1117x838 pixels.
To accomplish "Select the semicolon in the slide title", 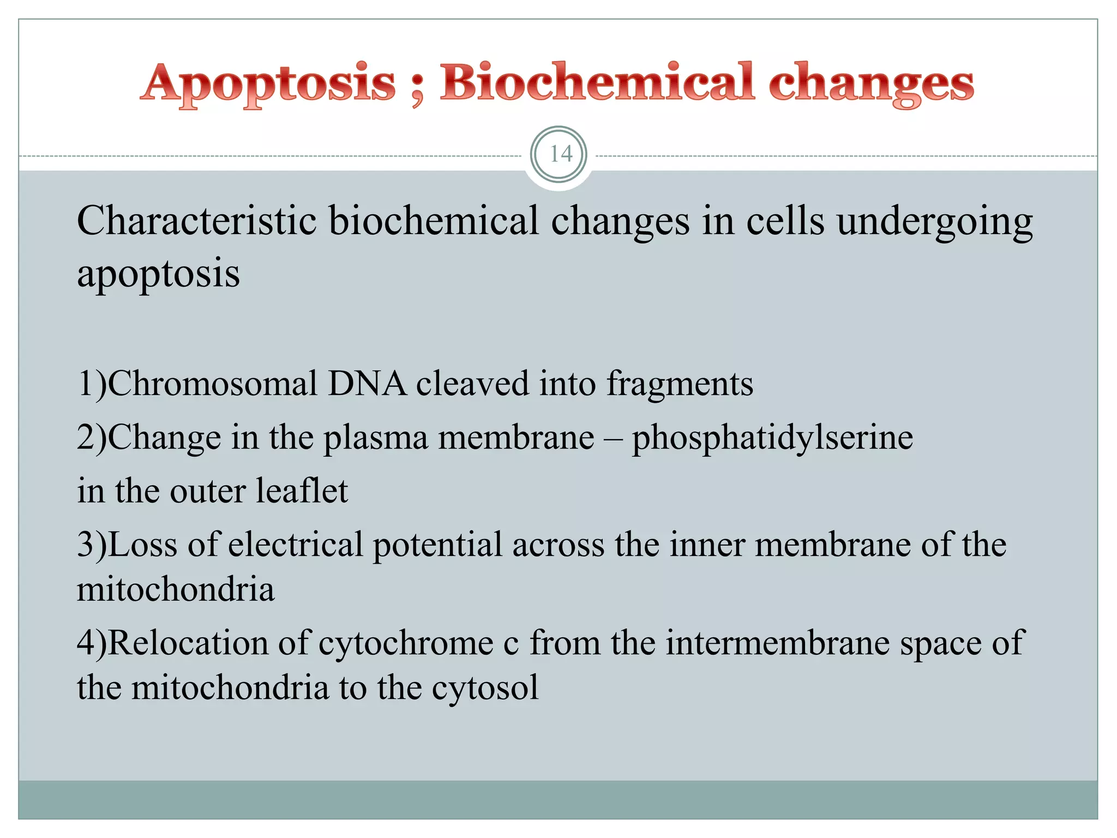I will tap(417, 90).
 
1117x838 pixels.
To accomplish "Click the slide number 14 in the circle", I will tap(560, 154).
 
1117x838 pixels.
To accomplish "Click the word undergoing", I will tap(934, 223).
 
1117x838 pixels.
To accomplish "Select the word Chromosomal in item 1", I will tap(213, 383).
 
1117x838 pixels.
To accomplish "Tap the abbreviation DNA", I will tap(367, 383).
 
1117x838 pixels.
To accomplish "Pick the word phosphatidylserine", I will tap(772, 438).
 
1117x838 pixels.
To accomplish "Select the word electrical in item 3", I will tap(295, 544).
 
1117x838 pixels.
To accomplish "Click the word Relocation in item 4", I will tap(188, 642).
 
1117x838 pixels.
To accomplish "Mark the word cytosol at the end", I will tap(485, 687).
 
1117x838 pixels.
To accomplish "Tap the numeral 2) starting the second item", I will tap(92, 438).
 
